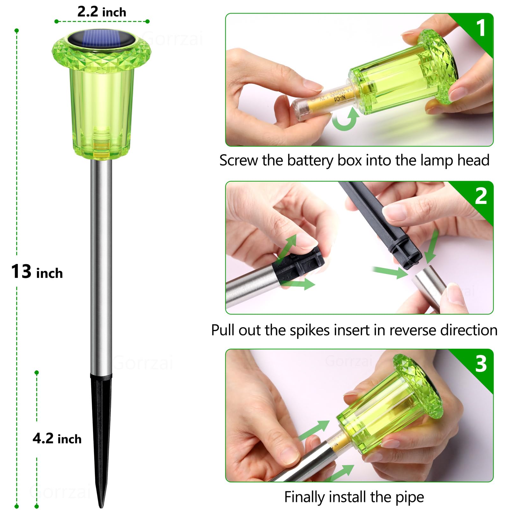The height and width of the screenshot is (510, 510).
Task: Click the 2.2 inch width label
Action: (102, 12)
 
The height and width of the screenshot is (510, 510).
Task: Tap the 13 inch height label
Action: (37, 272)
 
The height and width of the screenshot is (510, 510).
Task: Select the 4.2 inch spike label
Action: (57, 439)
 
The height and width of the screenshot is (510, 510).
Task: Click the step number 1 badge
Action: (481, 28)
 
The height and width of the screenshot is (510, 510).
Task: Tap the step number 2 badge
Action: (481, 196)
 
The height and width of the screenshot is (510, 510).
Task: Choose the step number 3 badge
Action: (481, 364)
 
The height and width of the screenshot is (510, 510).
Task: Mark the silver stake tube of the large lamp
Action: (101, 265)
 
